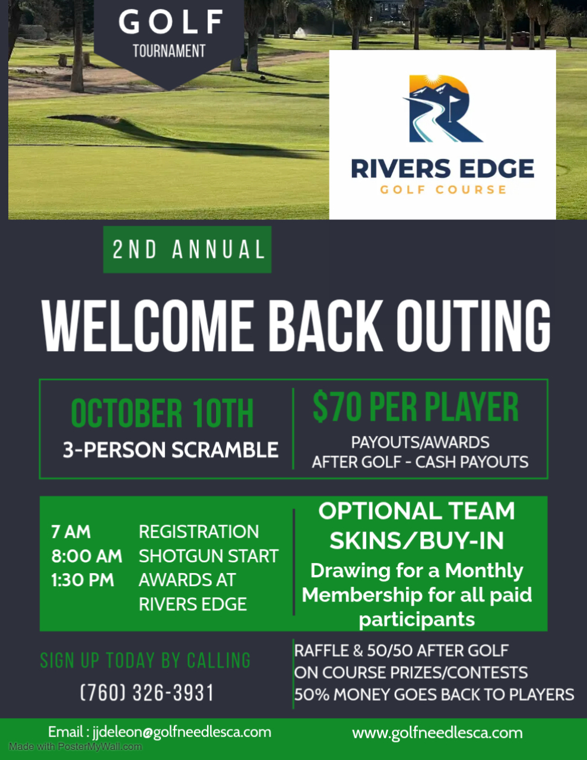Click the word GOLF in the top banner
[x=171, y=22]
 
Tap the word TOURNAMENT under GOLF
[x=169, y=51]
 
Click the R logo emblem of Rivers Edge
[x=442, y=109]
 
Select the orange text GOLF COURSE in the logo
[x=443, y=190]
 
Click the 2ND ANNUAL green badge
[x=187, y=249]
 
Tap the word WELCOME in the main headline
[x=148, y=325]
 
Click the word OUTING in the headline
[x=473, y=325]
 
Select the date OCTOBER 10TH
[x=162, y=414]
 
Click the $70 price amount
[x=337, y=407]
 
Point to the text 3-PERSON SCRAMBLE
[x=170, y=450]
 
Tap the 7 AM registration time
[x=71, y=532]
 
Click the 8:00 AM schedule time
[x=87, y=556]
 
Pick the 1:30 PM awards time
[x=83, y=580]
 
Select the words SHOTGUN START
[x=208, y=556]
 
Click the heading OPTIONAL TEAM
[x=417, y=511]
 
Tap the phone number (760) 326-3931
[x=147, y=693]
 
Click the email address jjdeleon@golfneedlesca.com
[x=182, y=732]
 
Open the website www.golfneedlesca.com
[x=437, y=733]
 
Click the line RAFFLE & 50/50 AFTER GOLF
[x=401, y=651]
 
